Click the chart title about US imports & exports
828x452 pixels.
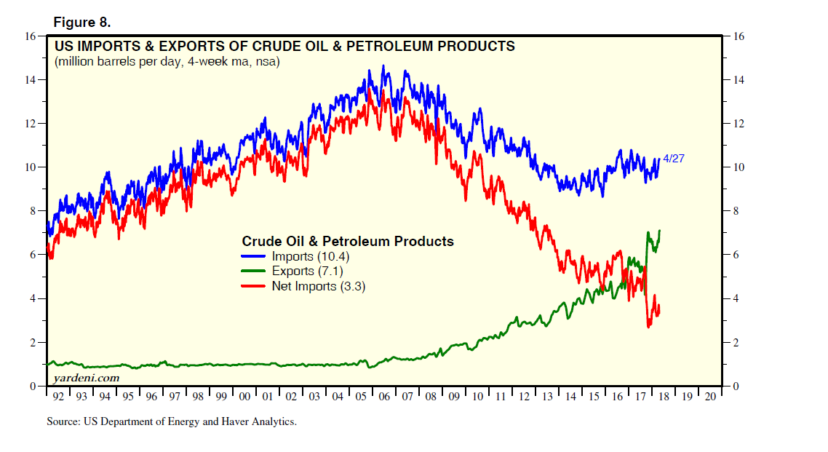tap(284, 47)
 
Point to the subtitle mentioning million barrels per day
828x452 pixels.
tap(167, 62)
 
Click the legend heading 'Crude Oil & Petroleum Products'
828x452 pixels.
tap(347, 241)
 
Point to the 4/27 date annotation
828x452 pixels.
tap(674, 158)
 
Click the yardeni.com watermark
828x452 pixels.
tap(86, 378)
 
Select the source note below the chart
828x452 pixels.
tap(171, 421)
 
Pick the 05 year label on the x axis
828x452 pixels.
tap(361, 397)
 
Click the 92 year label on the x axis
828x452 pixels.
tap(58, 397)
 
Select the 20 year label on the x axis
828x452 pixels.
tap(710, 397)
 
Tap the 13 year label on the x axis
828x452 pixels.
tap(547, 397)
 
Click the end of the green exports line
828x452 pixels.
tap(660, 231)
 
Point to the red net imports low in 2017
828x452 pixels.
tap(648, 327)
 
